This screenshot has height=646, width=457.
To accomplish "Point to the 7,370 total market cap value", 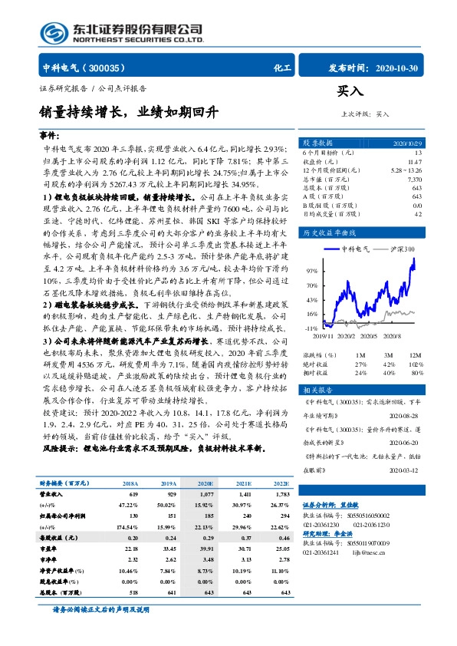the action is [414, 179].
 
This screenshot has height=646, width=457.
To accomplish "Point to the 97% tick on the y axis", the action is [311, 271].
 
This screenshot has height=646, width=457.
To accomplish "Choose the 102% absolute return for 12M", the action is [415, 364].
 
